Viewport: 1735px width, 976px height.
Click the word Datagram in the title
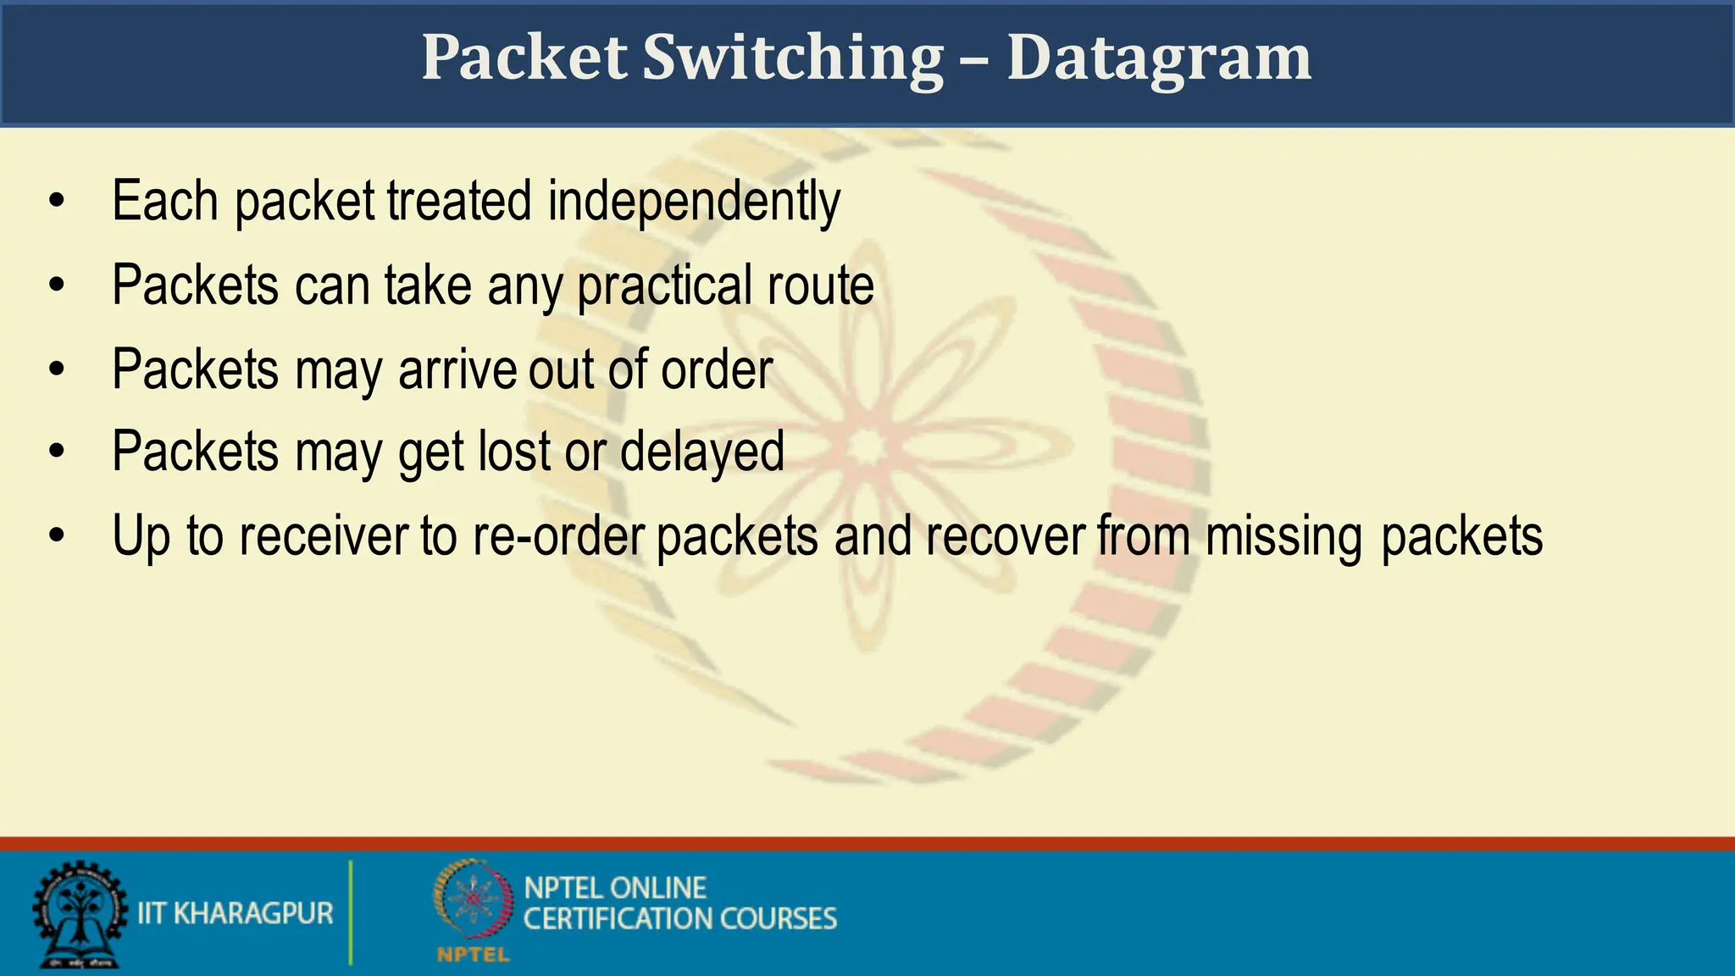pos(1158,59)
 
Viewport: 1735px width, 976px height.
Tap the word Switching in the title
pos(792,59)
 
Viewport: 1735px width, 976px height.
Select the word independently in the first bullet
pos(694,202)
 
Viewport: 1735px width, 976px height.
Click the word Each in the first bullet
pos(165,202)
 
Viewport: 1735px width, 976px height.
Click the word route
pos(820,286)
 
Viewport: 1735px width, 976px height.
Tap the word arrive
pos(457,370)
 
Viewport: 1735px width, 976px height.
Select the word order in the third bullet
pos(717,370)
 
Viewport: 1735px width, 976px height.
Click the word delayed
pos(701,452)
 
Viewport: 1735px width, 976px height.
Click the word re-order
pos(558,536)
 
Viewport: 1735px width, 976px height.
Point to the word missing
pos(1283,536)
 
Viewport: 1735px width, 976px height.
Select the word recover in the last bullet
pos(1005,536)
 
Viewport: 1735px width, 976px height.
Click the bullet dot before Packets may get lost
pos(57,452)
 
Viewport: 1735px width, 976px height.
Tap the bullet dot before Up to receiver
pos(57,536)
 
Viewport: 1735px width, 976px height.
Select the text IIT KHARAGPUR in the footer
pos(235,913)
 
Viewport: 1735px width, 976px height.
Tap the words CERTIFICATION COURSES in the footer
pos(679,919)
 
